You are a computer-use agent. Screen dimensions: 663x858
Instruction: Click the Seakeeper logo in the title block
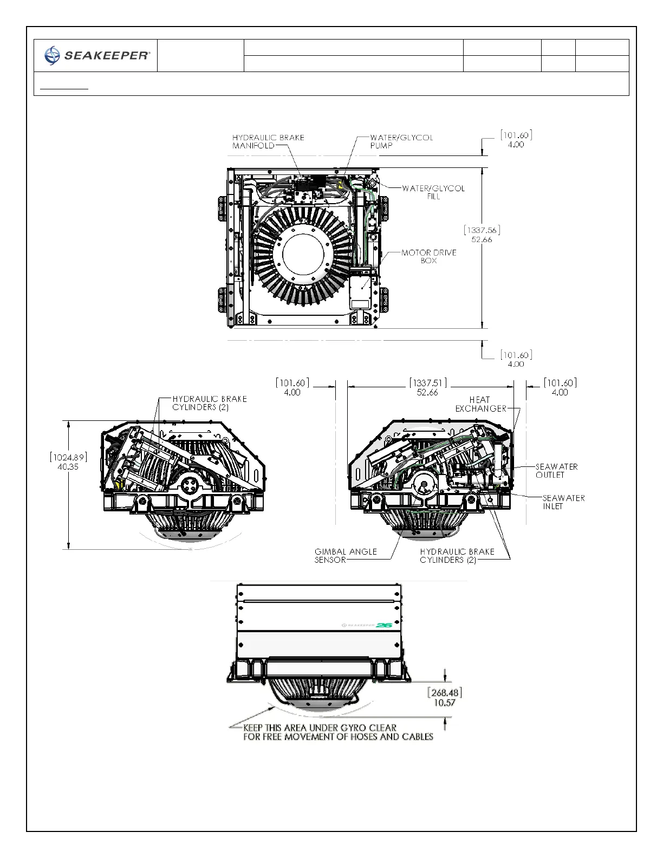coord(97,55)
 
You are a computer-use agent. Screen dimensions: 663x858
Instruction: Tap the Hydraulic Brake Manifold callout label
coord(268,141)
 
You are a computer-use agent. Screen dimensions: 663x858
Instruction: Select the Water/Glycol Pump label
coord(401,141)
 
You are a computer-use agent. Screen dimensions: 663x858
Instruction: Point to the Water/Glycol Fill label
coord(433,192)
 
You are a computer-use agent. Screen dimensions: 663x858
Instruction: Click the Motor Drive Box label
coord(429,257)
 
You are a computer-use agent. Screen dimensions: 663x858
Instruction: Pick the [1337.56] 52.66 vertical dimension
coord(482,235)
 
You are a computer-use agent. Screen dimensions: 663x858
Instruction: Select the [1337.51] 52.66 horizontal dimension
coord(428,387)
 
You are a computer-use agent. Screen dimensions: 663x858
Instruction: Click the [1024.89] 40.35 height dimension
coord(68,461)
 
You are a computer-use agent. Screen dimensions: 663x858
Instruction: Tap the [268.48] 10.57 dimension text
coord(445,697)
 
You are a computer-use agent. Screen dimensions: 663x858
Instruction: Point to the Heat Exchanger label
coord(480,404)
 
